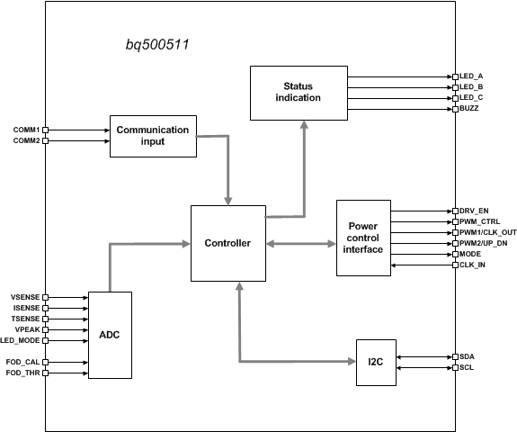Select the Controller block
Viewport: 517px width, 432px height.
tap(227, 243)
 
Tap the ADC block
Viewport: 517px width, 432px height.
tap(110, 334)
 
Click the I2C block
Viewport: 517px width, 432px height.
tap(375, 362)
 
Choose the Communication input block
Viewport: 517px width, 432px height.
tap(153, 136)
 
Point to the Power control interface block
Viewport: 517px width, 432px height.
tap(362, 237)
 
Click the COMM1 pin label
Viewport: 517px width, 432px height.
tap(25, 130)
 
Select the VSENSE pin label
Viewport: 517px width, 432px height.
tap(25, 297)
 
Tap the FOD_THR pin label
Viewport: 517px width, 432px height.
tap(24, 373)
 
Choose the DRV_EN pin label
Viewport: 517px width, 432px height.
tap(475, 211)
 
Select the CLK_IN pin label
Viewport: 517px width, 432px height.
tap(473, 265)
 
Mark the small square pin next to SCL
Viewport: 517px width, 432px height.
tap(452, 367)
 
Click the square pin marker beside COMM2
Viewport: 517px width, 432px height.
tap(45, 140)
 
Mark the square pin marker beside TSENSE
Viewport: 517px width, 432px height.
tap(45, 319)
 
